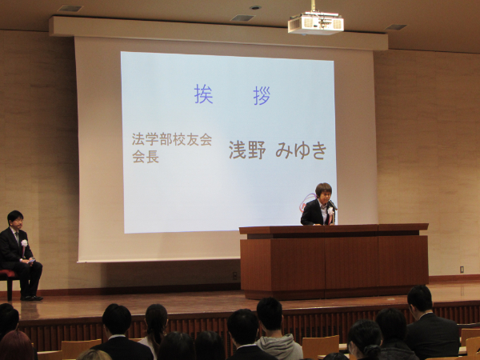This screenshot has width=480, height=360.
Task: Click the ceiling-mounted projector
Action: [315, 23]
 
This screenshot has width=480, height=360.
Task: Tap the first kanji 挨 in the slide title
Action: [203, 94]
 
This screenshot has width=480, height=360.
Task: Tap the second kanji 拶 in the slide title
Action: [262, 95]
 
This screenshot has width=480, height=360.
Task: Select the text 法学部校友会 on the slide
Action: [171, 139]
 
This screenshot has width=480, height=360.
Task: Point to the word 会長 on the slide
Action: [145, 157]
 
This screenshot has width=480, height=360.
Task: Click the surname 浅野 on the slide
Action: [246, 150]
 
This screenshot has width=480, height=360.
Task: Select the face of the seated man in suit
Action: [15, 220]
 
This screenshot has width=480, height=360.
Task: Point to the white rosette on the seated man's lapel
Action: [24, 243]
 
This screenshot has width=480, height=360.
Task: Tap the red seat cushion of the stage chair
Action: [6, 274]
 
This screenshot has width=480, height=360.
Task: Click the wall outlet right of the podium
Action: [461, 270]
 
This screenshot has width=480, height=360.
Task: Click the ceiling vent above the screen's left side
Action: [70, 9]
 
